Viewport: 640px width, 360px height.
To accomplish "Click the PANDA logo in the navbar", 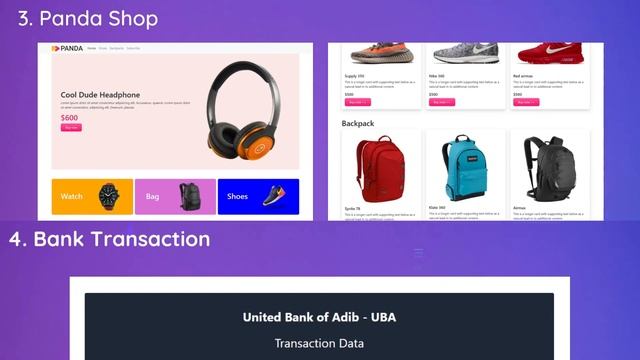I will [x=69, y=48].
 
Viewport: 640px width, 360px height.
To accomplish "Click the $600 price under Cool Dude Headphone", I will [x=69, y=118].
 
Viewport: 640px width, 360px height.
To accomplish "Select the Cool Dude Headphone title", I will [x=98, y=96].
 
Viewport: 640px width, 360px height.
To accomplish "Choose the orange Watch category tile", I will [x=91, y=196].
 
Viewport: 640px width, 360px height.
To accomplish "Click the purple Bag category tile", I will [x=174, y=196].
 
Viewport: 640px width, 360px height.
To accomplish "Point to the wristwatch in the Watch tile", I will [x=109, y=196].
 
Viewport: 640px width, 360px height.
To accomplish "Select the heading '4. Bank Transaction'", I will [x=110, y=239].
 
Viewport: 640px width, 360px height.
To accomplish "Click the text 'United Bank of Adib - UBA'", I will [x=319, y=317].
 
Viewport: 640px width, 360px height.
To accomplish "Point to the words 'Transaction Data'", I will [x=319, y=344].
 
